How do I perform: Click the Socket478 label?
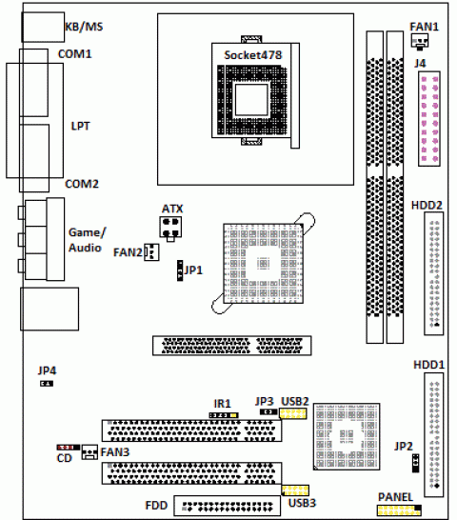point(252,55)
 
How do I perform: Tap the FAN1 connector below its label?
point(420,42)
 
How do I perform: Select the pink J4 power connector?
point(429,119)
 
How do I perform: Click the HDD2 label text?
point(427,206)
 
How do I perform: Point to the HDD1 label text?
point(428,365)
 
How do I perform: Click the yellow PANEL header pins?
point(399,510)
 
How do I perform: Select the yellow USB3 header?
point(295,490)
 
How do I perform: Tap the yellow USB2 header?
point(293,413)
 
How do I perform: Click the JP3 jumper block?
point(268,411)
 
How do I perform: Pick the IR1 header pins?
point(224,415)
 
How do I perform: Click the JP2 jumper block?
point(415,463)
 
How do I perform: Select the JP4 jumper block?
point(47,384)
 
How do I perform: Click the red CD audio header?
point(68,448)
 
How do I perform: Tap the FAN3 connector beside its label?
point(89,452)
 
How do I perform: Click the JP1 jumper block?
point(180,270)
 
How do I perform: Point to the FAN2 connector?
point(151,252)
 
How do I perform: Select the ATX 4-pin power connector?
point(170,228)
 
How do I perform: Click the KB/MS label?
point(84,27)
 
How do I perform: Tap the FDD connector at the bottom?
point(228,506)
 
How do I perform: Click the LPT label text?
point(80,126)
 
